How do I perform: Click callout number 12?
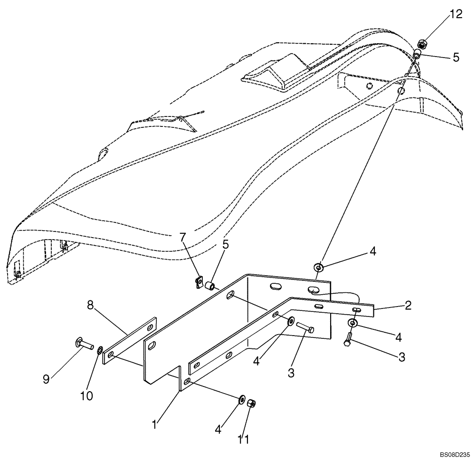coord(456,14)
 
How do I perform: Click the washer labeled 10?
coord(100,351)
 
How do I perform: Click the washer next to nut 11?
coord(242,399)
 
